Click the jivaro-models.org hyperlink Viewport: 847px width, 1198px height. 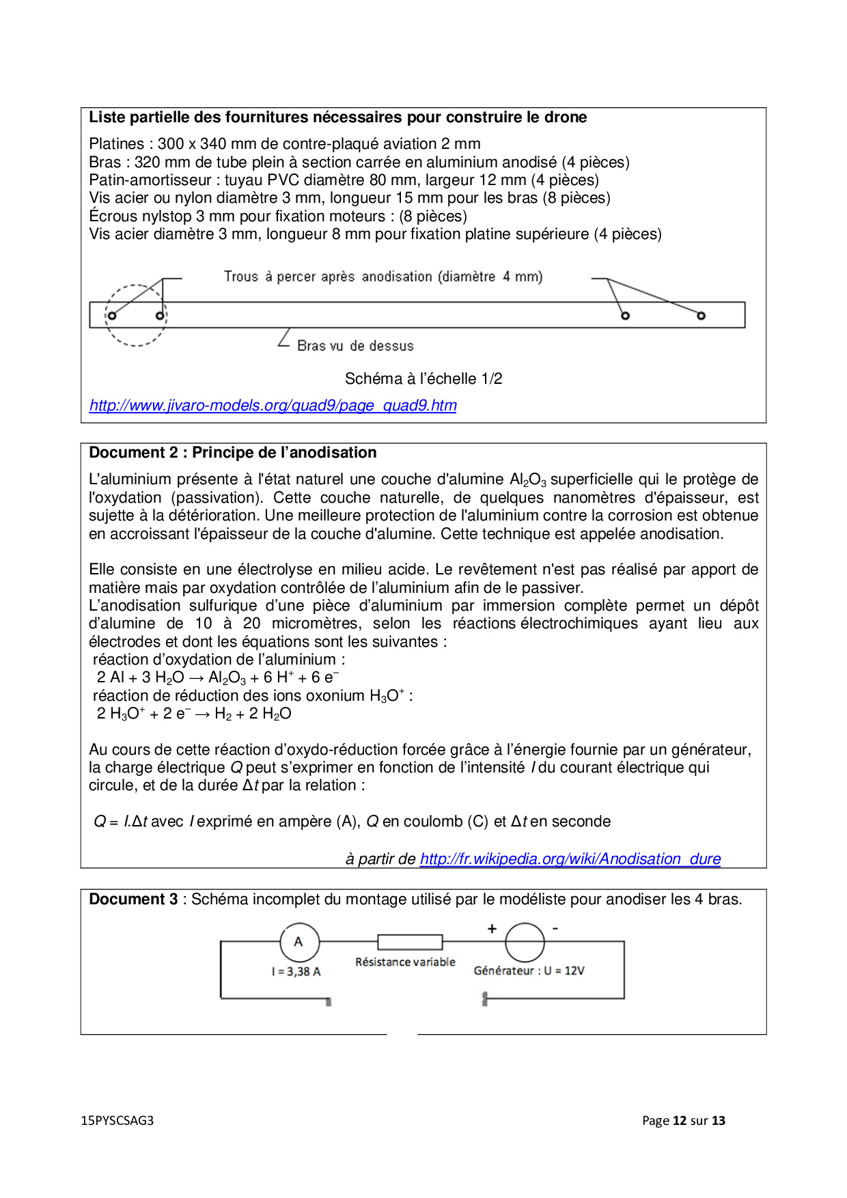pyautogui.click(x=273, y=406)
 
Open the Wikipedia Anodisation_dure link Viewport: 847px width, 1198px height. pyautogui.click(x=570, y=859)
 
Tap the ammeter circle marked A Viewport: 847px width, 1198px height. pyautogui.click(x=299, y=942)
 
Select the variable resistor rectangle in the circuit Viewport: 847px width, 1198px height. pyautogui.click(x=410, y=943)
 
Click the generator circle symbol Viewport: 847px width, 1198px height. pyautogui.click(x=525, y=943)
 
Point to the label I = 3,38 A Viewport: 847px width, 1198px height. pyautogui.click(x=296, y=971)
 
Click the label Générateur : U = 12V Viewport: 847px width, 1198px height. pyautogui.click(x=529, y=971)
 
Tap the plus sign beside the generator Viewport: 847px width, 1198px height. pyautogui.click(x=492, y=929)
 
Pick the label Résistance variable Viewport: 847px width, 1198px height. pyautogui.click(x=405, y=962)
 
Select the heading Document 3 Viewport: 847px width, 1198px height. pyautogui.click(x=133, y=900)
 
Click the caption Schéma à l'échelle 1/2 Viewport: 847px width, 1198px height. pyautogui.click(x=423, y=379)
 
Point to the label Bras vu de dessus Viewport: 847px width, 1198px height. pyautogui.click(x=355, y=346)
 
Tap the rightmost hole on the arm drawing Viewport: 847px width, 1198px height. pyautogui.click(x=701, y=316)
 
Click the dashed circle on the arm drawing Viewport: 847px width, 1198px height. pyautogui.click(x=136, y=315)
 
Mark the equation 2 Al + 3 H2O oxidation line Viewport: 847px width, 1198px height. pyautogui.click(x=218, y=678)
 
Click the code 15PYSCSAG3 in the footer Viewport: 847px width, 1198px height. pyautogui.click(x=117, y=1121)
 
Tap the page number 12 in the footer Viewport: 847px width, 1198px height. pyautogui.click(x=680, y=1121)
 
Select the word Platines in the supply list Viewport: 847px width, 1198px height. pyautogui.click(x=117, y=144)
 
